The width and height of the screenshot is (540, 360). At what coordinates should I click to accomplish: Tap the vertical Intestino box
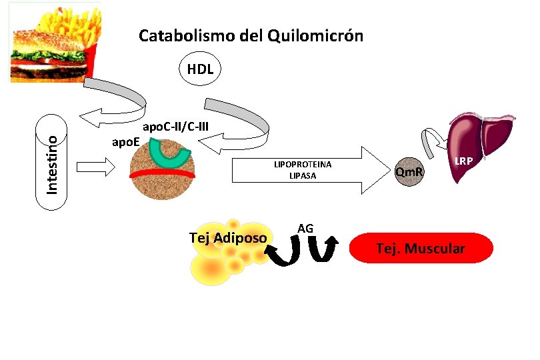coord(53,157)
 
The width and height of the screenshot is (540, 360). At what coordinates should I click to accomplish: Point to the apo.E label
coord(125,141)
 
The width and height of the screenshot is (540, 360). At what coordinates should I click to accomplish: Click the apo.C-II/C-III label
coord(177,126)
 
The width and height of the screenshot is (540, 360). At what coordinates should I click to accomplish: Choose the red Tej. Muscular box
coord(421,248)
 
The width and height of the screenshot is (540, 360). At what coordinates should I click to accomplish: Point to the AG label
coord(305,229)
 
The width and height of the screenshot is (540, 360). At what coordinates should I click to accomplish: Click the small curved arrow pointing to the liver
coord(433,139)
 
